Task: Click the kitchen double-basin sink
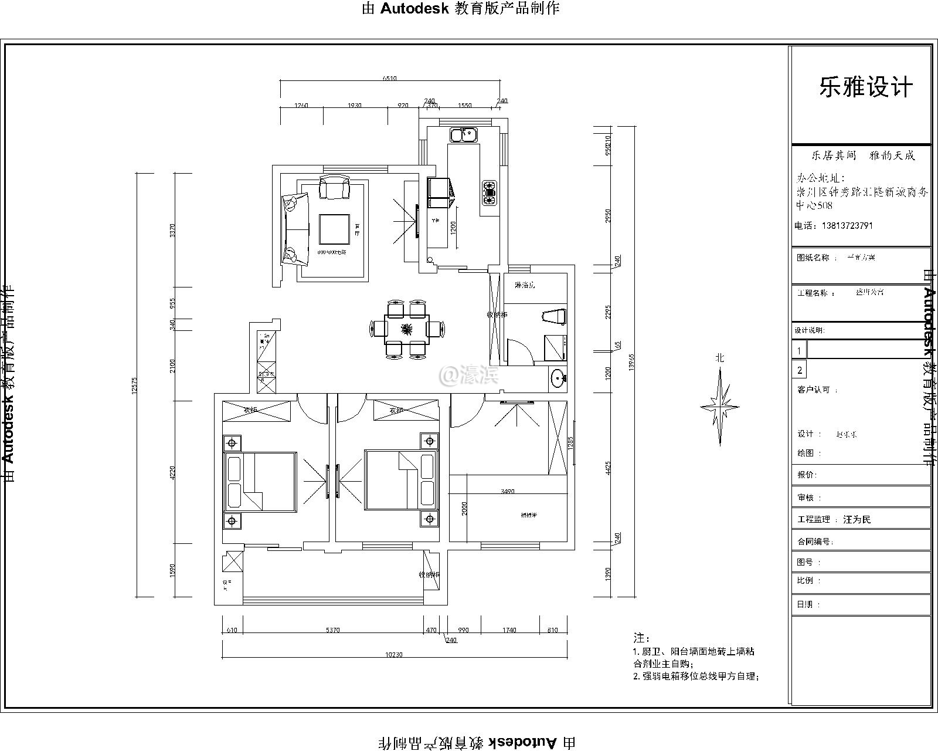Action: tap(463, 135)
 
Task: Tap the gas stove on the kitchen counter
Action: tap(489, 192)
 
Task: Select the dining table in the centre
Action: tap(406, 329)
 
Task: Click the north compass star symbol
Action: tap(719, 406)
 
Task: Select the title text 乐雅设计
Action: tap(866, 88)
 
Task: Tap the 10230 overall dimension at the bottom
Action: tap(394, 654)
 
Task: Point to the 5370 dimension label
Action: tap(332, 630)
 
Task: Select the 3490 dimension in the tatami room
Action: tap(508, 491)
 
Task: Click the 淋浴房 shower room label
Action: tap(525, 285)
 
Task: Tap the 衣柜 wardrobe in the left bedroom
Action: tap(257, 411)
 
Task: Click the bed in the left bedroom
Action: tap(259, 482)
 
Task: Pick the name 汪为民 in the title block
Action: tap(857, 519)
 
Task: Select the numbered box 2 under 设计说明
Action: tap(800, 370)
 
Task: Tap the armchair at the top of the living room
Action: tap(334, 188)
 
